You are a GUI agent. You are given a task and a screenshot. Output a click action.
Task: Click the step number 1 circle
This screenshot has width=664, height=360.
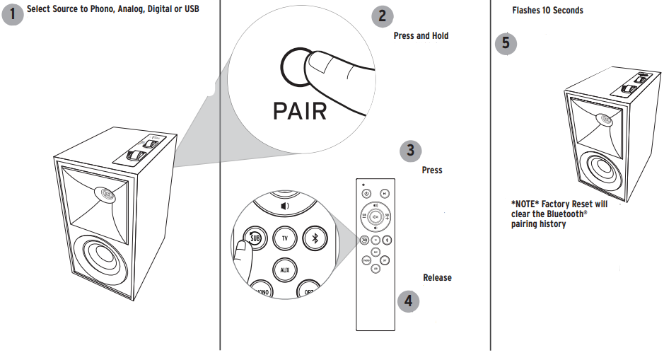[13, 13]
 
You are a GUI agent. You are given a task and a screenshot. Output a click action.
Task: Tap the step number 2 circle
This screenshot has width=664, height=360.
[383, 16]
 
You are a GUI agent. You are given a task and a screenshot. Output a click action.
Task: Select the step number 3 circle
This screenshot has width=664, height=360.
[411, 151]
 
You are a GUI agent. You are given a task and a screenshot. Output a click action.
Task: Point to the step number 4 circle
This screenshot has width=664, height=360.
[408, 301]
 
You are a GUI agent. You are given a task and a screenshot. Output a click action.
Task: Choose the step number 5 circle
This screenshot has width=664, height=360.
[506, 43]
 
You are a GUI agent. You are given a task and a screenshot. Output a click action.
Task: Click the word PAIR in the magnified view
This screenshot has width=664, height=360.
[300, 110]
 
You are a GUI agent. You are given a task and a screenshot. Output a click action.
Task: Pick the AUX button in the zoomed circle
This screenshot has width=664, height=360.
[284, 270]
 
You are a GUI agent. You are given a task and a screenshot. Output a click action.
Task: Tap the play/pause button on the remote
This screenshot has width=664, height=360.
[384, 192]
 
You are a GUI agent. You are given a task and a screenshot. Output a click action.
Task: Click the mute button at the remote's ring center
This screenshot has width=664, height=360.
[375, 217]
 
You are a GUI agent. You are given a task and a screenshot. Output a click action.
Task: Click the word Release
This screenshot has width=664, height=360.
[437, 278]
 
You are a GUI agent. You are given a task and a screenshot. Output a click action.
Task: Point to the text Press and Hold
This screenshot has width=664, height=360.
[421, 36]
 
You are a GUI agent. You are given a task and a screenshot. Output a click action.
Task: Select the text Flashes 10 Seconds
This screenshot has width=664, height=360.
[547, 11]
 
